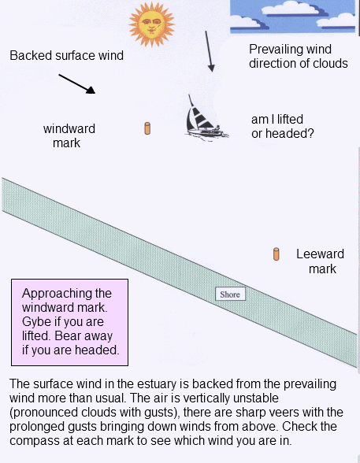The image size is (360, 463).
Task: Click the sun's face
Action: (x=151, y=24)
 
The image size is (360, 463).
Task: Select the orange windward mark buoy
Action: (x=147, y=128)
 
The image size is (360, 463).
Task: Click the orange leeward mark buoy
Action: (x=276, y=254)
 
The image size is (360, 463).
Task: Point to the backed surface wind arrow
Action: (x=76, y=83)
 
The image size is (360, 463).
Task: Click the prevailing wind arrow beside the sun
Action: (x=209, y=51)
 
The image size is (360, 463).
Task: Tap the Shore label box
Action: (x=230, y=294)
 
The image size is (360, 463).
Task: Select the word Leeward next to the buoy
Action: (x=320, y=254)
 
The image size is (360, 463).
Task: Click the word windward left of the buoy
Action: (x=69, y=129)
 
